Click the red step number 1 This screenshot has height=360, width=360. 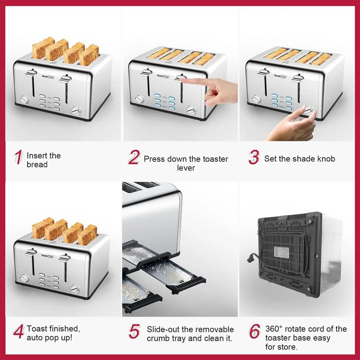[18, 158]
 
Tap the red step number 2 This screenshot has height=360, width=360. [134, 158]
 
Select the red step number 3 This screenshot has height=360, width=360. [253, 158]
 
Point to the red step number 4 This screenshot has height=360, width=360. [18, 332]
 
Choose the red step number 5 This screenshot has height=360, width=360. [134, 332]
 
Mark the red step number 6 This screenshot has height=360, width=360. [254, 332]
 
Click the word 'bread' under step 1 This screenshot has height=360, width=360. [37, 165]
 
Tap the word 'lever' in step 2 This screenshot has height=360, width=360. [186, 168]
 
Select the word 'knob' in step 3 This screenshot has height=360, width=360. [326, 159]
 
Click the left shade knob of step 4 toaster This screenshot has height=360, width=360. [24, 278]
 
